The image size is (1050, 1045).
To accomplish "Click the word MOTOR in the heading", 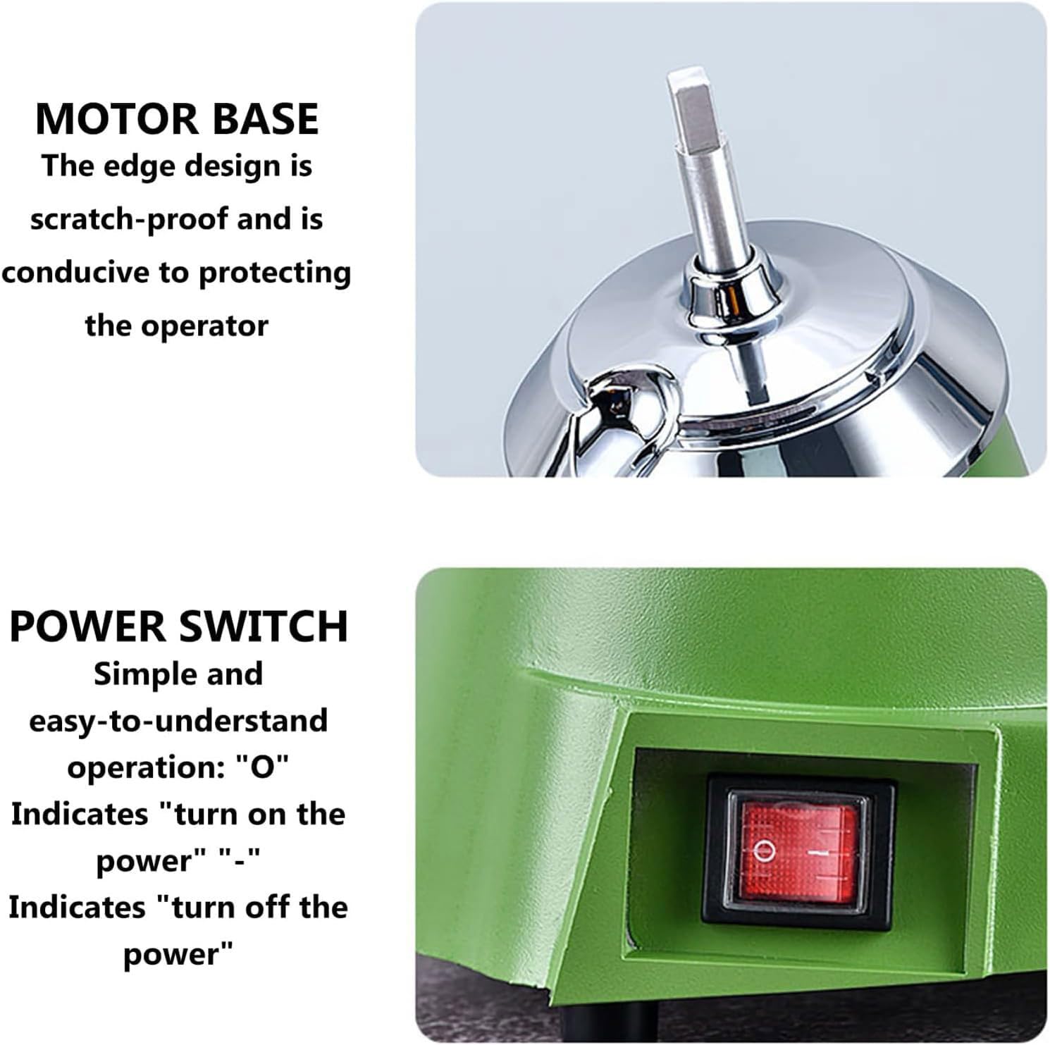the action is coord(116,118).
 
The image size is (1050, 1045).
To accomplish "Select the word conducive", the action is coord(75,273).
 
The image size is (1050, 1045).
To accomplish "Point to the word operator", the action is coord(204,326).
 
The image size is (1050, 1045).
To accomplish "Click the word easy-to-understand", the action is coord(178,722).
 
